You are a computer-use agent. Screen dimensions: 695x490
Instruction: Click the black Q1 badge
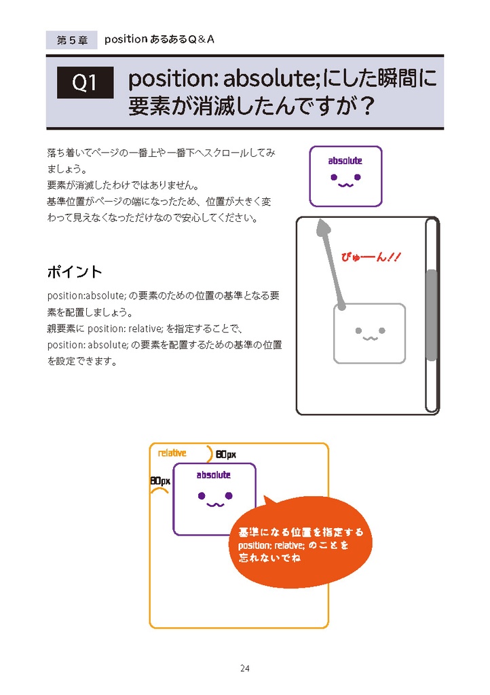(x=85, y=83)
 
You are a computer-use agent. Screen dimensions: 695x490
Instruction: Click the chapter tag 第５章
(x=72, y=40)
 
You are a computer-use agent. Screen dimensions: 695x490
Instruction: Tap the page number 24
(x=245, y=669)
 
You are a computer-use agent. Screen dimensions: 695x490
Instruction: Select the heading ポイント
(x=75, y=272)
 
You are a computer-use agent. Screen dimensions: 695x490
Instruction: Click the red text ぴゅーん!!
(x=372, y=257)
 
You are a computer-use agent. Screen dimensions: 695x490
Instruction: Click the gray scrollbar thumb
(x=431, y=314)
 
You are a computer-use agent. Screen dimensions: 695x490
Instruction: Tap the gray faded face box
(x=369, y=333)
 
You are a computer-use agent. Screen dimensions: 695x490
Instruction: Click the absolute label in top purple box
(x=345, y=161)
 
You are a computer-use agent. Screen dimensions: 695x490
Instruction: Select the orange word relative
(x=172, y=453)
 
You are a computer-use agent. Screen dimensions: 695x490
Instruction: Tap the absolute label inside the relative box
(x=214, y=475)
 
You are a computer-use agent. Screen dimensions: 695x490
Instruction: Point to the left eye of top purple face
(x=333, y=178)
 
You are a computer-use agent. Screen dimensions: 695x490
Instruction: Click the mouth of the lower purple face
(x=214, y=504)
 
